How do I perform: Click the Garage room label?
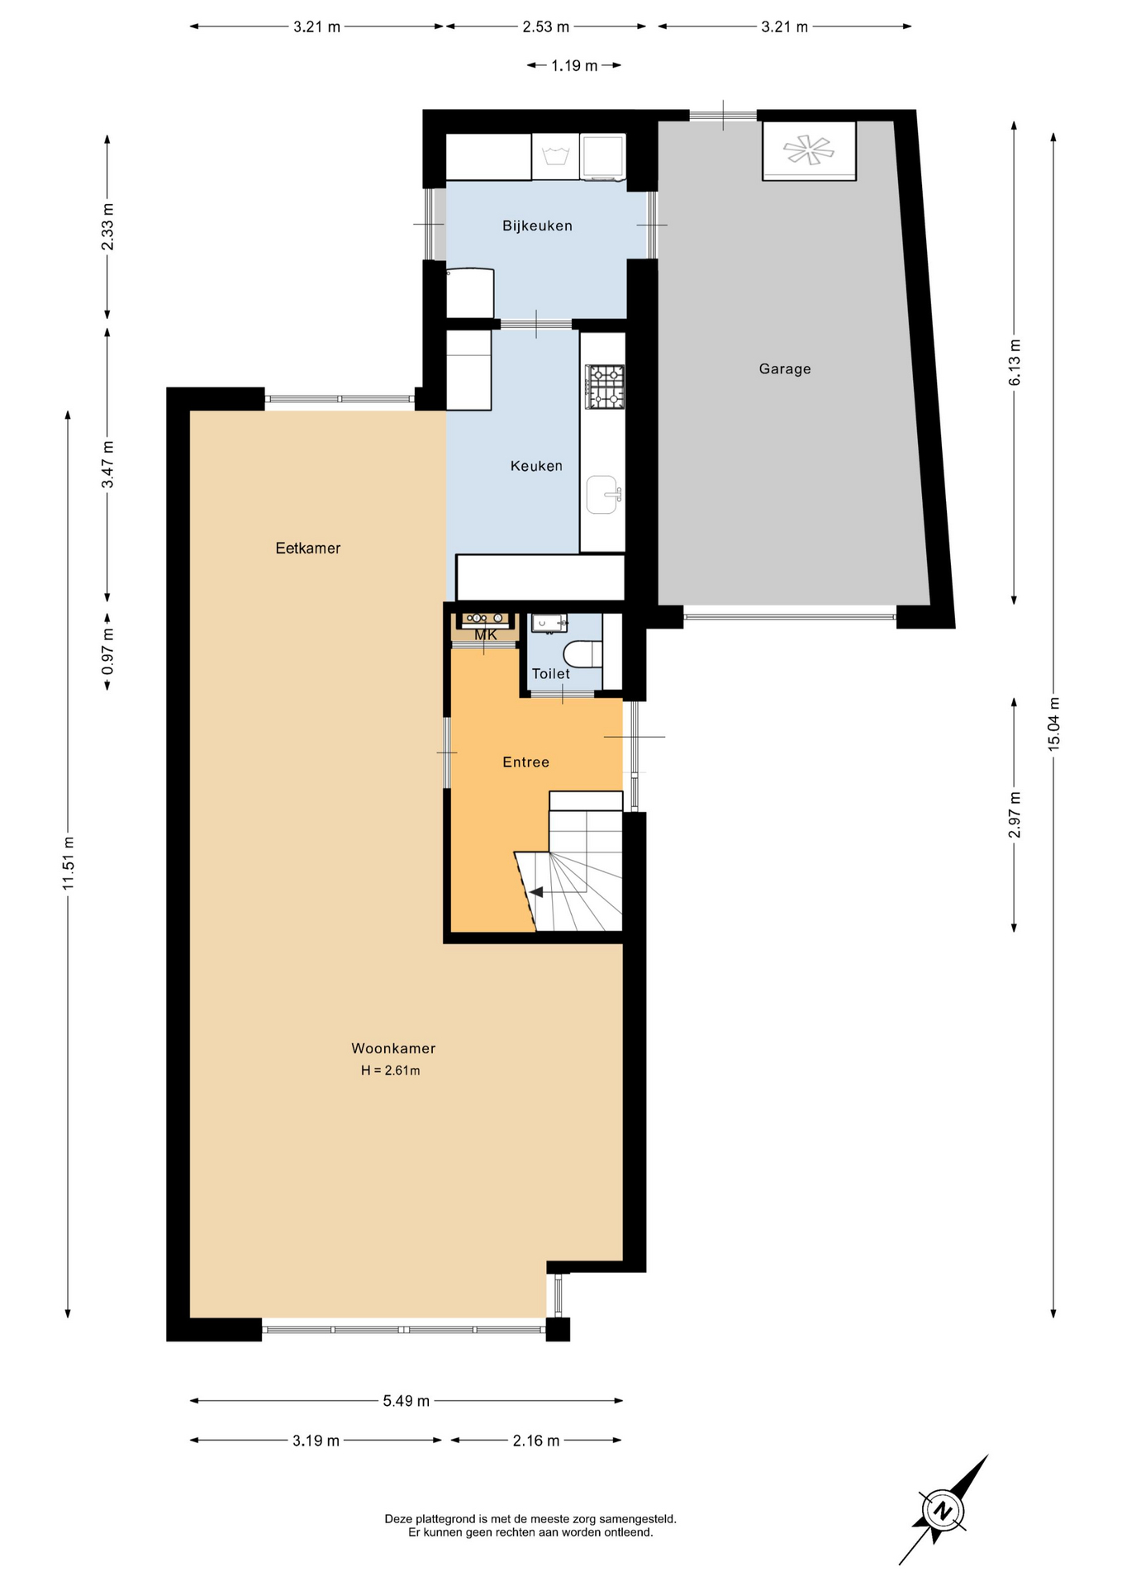pos(785,369)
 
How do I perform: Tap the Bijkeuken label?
pos(537,226)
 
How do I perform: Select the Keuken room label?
pos(536,466)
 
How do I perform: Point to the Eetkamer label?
pos(308,548)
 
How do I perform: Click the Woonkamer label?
pos(393,1048)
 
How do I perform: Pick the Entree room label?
pos(526,762)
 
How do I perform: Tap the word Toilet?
pos(551,673)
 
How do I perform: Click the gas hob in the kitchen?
pos(605,387)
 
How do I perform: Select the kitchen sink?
pos(604,495)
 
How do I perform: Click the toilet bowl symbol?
pos(582,654)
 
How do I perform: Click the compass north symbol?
pos(941,1512)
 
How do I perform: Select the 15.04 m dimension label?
pos(1053,724)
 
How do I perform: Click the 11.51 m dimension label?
pos(69,863)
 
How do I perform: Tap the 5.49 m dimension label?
pos(406,1400)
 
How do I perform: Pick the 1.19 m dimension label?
pos(574,65)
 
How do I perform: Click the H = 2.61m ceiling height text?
pos(391,1071)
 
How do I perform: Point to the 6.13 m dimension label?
pos(1015,362)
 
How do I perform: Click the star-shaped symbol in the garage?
pos(809,150)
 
